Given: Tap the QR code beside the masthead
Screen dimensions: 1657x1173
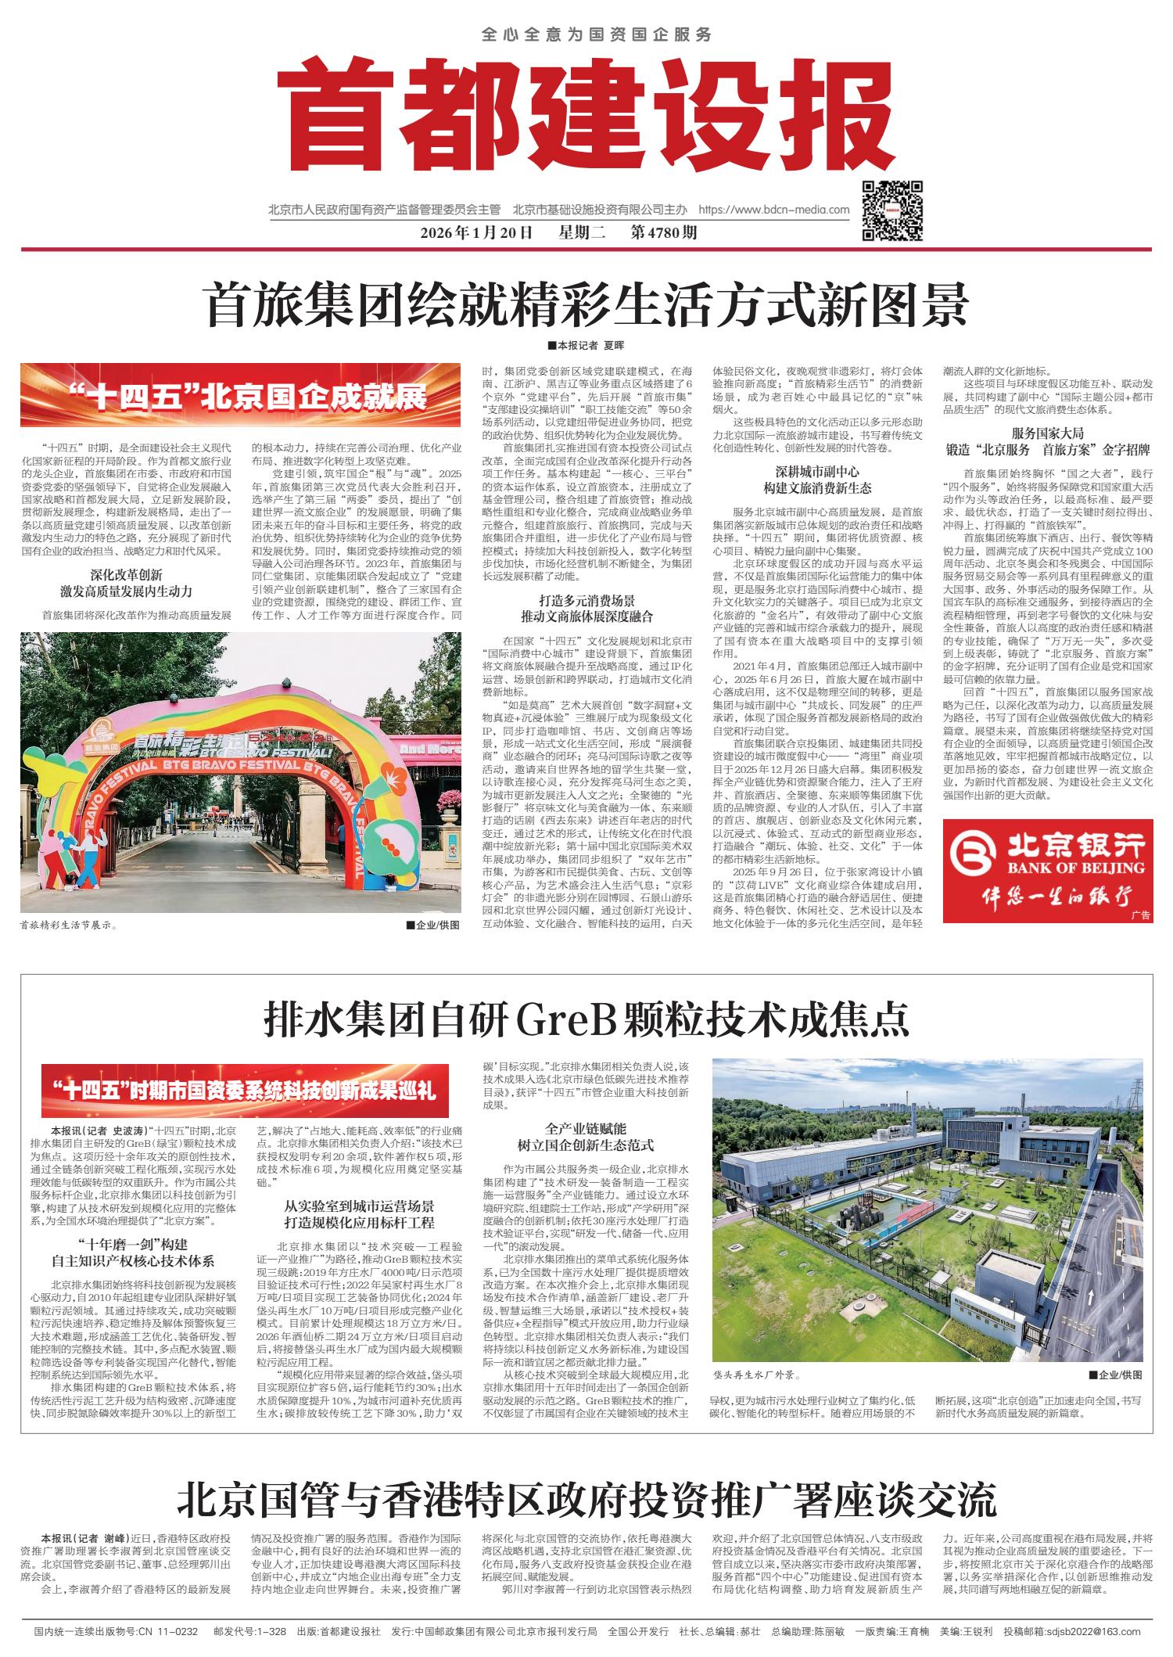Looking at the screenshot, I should (x=892, y=210).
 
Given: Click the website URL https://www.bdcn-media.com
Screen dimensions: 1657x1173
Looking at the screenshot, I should (x=773, y=210).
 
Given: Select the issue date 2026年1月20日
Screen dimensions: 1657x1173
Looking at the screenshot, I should (x=476, y=233).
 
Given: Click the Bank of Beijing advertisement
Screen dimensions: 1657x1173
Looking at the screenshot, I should (x=1047, y=870).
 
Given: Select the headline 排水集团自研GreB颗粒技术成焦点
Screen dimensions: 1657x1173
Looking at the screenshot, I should (x=586, y=1019).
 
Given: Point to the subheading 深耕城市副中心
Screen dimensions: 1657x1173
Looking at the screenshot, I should (x=816, y=472).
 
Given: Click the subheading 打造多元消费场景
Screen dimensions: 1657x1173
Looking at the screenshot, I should (x=586, y=601).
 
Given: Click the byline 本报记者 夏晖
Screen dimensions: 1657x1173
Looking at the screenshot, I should (x=586, y=345).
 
